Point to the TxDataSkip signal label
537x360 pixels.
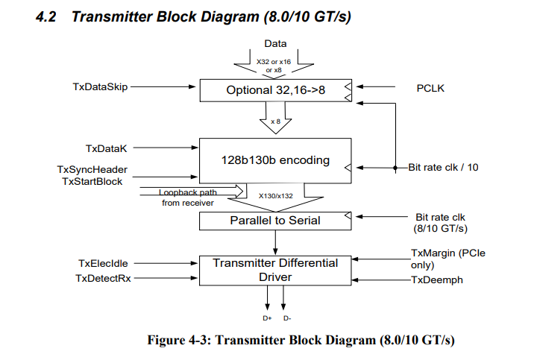coord(100,87)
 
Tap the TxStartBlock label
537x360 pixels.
coord(92,181)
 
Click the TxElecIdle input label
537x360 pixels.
coord(103,264)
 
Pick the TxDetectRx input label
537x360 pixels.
coord(101,278)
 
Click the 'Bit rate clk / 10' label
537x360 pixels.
coord(443,168)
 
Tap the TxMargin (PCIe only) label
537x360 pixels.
coord(447,259)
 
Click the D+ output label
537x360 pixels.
coord(267,318)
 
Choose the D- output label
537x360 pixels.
coord(287,318)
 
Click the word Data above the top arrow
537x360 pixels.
coord(275,44)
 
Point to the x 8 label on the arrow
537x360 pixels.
coord(275,121)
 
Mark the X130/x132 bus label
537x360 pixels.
coord(275,196)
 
